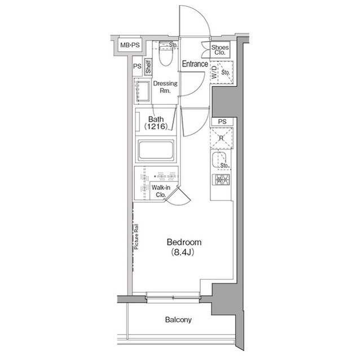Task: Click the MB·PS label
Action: click(130, 45)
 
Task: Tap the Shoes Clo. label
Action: click(220, 50)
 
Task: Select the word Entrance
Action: click(195, 64)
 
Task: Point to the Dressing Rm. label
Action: click(165, 87)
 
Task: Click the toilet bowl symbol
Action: click(165, 54)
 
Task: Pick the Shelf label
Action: click(148, 66)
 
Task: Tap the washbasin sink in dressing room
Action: click(143, 91)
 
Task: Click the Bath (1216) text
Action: click(156, 123)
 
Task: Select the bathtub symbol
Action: click(156, 150)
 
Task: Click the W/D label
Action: click(214, 72)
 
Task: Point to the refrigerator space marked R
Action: click(222, 138)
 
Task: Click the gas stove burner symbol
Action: click(221, 180)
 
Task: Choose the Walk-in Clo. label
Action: click(161, 191)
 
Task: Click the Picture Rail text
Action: click(137, 237)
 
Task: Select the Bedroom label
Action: click(184, 242)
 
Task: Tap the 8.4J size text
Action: click(183, 252)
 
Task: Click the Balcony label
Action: click(178, 320)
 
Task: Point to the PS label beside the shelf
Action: click(137, 66)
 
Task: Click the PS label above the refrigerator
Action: click(222, 122)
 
